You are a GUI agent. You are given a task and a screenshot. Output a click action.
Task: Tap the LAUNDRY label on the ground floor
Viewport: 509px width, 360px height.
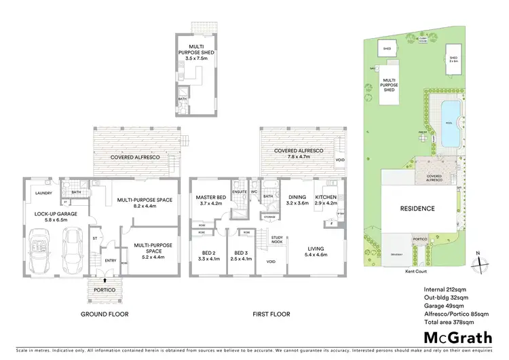[35, 182]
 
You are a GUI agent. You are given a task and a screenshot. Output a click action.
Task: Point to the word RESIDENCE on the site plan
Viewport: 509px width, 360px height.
[417, 209]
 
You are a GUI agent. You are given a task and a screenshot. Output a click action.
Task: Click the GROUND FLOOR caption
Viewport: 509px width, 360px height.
[105, 314]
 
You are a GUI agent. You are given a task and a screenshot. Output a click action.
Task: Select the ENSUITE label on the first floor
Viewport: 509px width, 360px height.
[240, 192]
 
